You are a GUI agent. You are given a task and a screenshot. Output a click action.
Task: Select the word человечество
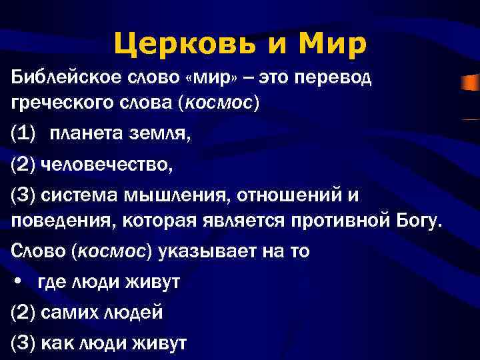(x=107, y=165)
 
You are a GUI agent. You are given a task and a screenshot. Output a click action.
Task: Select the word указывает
(x=201, y=252)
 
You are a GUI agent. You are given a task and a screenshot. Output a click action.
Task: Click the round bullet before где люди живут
(x=18, y=281)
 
